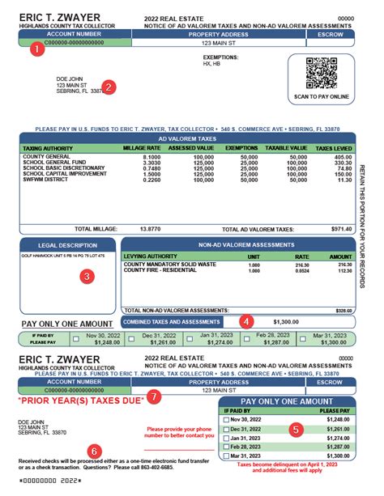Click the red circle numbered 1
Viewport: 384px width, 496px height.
[x=34, y=50]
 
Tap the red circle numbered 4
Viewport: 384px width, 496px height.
[x=246, y=320]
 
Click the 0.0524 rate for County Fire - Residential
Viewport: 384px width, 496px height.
[x=302, y=270]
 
